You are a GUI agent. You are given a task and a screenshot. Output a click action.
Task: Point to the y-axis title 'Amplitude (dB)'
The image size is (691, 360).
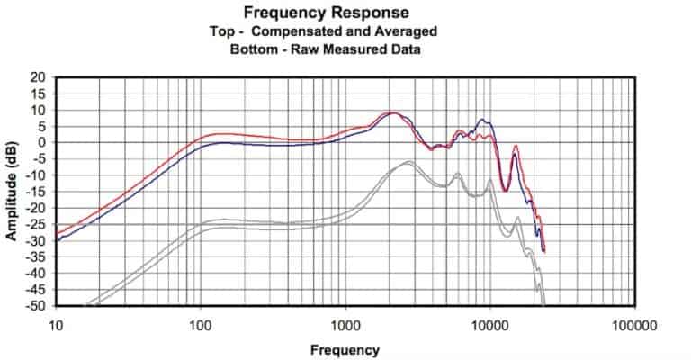click(13, 191)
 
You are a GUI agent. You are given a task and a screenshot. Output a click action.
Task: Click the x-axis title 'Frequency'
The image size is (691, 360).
click(345, 349)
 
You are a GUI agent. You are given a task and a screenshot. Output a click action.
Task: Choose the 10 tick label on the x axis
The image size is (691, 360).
click(55, 324)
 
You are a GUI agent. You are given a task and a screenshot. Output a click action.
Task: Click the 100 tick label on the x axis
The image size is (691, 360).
click(201, 324)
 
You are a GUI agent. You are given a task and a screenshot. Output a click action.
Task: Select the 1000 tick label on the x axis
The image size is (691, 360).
click(345, 324)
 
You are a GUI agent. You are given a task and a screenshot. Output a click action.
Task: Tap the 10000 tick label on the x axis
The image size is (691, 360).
click(490, 324)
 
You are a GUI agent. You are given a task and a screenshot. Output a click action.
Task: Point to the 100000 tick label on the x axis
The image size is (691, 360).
click(635, 324)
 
